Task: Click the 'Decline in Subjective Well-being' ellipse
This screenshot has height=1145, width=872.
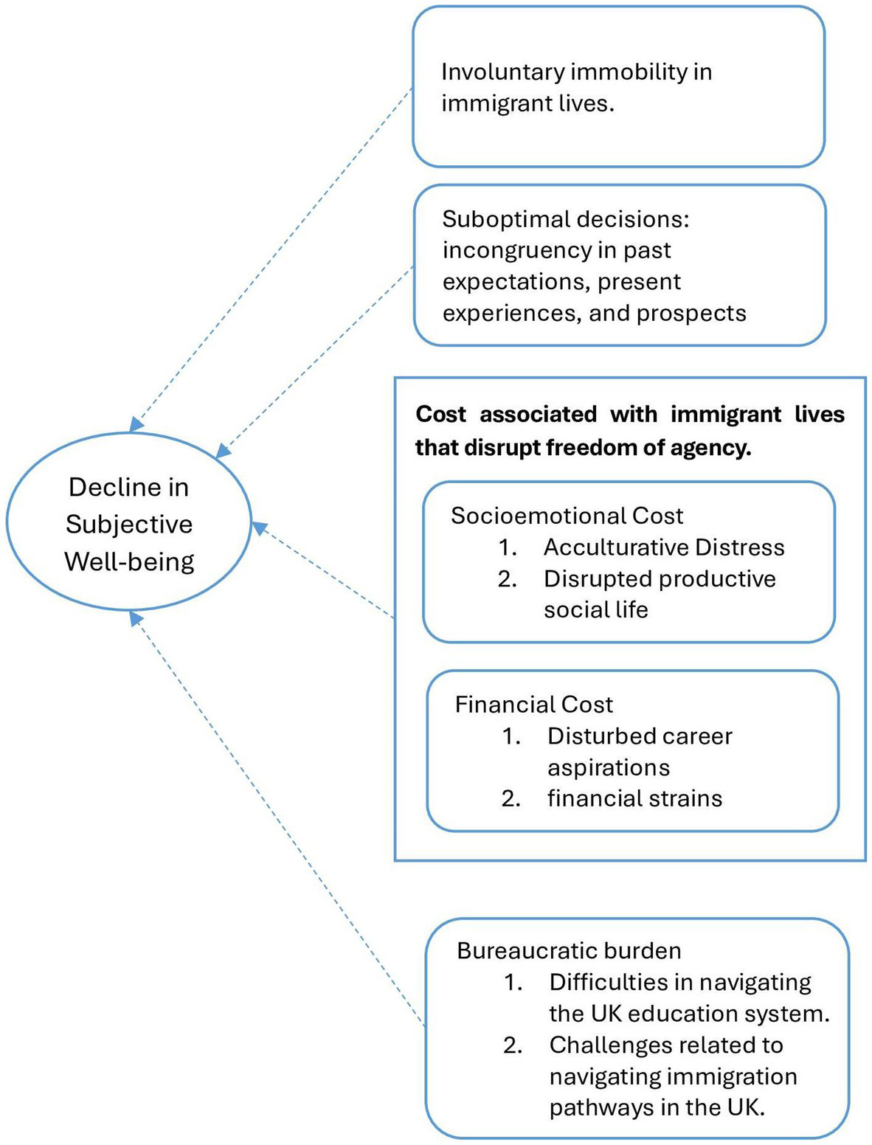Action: [x=129, y=522]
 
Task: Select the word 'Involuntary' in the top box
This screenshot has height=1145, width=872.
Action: [x=502, y=72]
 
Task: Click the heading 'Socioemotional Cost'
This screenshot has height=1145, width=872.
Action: [x=567, y=515]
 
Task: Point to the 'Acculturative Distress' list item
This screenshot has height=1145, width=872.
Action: [x=663, y=547]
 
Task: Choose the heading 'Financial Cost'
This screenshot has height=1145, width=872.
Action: [x=533, y=704]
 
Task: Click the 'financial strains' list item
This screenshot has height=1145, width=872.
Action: [x=634, y=798]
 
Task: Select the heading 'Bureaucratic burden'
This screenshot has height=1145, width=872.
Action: [x=569, y=950]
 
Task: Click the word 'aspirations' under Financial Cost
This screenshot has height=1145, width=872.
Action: [x=609, y=767]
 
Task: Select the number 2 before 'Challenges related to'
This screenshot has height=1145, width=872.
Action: [x=512, y=1045]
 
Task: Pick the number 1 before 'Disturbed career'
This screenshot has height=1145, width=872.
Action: [x=511, y=736]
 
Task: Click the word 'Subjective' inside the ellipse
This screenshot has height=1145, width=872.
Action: [x=129, y=524]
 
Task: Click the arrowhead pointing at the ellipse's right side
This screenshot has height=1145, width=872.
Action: [x=260, y=528]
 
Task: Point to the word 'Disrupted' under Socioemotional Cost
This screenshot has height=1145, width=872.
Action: [x=589, y=578]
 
